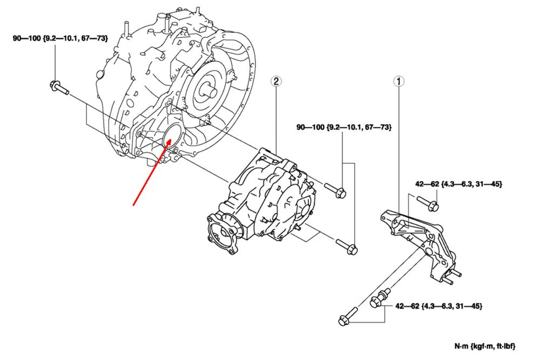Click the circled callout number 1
tap(399, 81)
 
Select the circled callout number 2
tap(276, 81)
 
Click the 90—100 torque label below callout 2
tap(343, 127)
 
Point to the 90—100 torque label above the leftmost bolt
tap(60, 38)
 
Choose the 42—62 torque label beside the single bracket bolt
tap(458, 184)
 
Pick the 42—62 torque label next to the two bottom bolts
tap(439, 306)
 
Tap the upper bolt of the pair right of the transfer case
tap(335, 190)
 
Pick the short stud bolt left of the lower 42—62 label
tap(378, 297)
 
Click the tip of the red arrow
tap(171, 140)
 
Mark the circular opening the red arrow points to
tap(172, 135)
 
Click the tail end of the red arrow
tap(134, 205)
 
